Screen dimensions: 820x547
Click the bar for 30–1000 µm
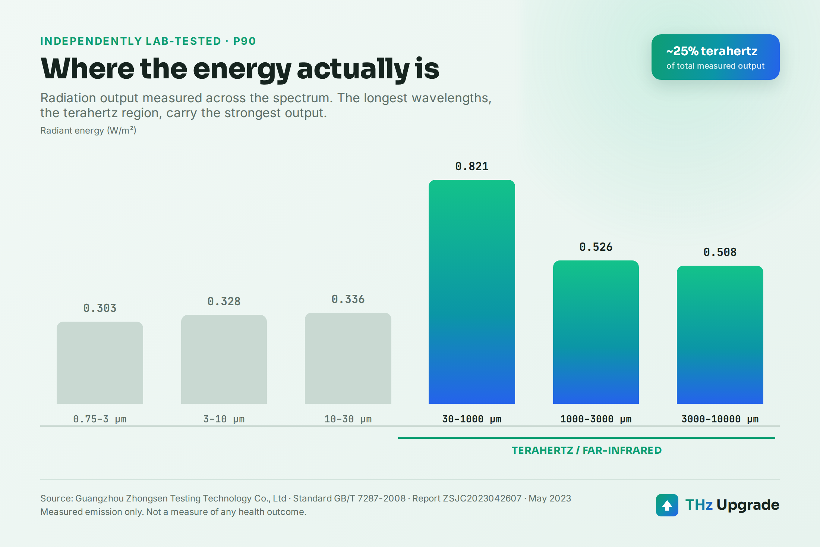pyautogui.click(x=472, y=292)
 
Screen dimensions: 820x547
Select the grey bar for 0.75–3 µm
pyautogui.click(x=100, y=363)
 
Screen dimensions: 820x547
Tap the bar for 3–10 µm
pyautogui.click(x=224, y=359)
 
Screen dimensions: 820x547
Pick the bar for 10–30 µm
pyautogui.click(x=348, y=358)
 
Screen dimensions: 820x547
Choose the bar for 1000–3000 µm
pyautogui.click(x=596, y=332)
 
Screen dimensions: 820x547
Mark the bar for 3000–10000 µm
pyautogui.click(x=720, y=335)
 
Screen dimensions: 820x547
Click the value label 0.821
pyautogui.click(x=472, y=166)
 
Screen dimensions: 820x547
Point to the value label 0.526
pyautogui.click(x=596, y=247)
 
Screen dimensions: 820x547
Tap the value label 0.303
pyautogui.click(x=100, y=308)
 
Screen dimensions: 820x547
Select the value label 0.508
pyautogui.click(x=720, y=252)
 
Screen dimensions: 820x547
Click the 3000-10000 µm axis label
pyautogui.click(x=720, y=419)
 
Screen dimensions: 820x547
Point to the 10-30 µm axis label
pyautogui.click(x=348, y=419)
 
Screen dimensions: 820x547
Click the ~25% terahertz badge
pyautogui.click(x=716, y=57)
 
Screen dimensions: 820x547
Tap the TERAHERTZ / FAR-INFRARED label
pyautogui.click(x=587, y=450)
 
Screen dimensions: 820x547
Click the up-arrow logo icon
pyautogui.click(x=667, y=505)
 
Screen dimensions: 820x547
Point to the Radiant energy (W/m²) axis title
pyautogui.click(x=88, y=131)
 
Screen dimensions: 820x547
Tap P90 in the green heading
pyautogui.click(x=245, y=41)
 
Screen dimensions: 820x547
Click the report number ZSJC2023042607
pyautogui.click(x=482, y=498)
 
